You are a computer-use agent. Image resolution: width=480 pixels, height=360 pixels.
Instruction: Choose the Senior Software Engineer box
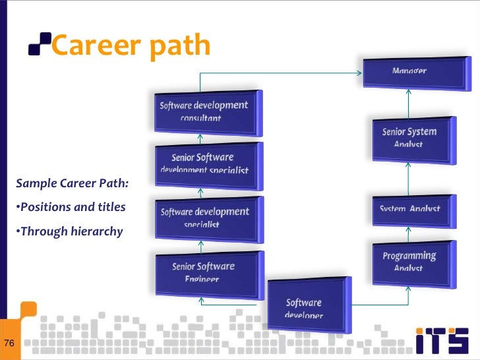pos(204,271)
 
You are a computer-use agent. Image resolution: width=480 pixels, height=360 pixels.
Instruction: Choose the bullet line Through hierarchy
pos(69,231)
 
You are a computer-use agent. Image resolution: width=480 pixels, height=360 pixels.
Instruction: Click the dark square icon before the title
pos(39,45)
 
